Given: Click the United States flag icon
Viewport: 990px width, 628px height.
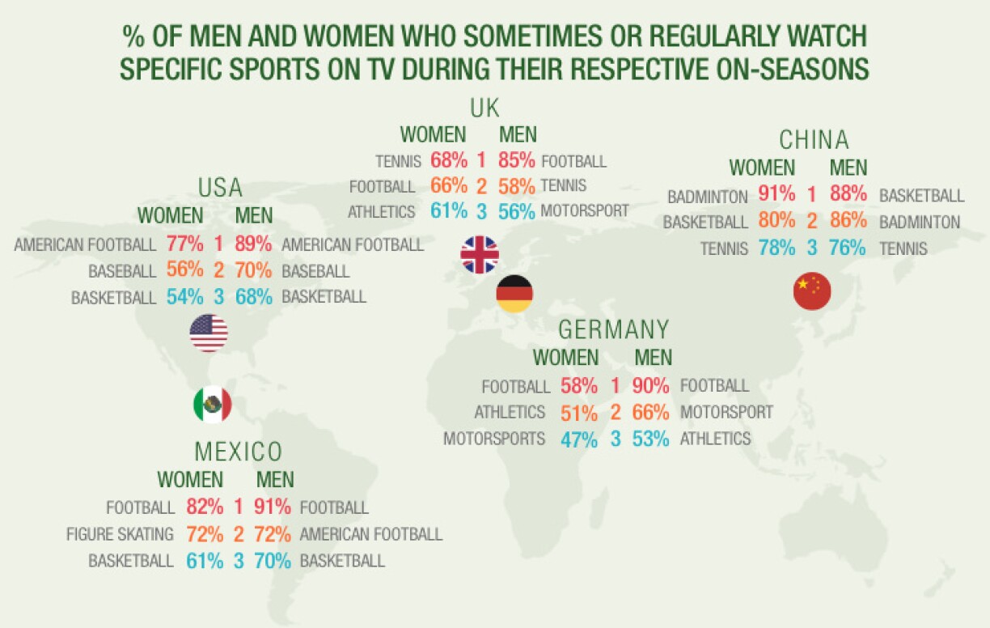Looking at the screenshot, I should click(209, 333).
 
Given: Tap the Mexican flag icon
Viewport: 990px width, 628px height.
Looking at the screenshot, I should click(213, 404).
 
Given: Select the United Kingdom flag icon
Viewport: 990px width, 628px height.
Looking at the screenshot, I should click(480, 255).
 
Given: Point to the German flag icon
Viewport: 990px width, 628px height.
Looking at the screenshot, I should click(514, 294).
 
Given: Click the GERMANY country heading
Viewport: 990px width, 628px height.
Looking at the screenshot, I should click(614, 330).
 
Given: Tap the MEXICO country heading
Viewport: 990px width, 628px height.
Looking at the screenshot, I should click(239, 452).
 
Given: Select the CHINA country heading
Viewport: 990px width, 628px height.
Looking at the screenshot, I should click(814, 141).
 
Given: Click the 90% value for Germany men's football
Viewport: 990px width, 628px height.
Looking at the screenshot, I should click(651, 386).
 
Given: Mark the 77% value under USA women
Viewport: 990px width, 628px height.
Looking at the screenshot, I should click(184, 244).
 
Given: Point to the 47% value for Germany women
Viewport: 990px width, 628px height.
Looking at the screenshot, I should click(579, 439).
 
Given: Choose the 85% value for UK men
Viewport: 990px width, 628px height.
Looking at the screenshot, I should click(517, 162).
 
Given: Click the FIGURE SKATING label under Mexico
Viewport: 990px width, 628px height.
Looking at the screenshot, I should click(120, 534).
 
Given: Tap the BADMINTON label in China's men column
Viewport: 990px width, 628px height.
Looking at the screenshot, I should click(920, 222).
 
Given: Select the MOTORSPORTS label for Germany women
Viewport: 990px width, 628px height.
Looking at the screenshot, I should click(494, 439).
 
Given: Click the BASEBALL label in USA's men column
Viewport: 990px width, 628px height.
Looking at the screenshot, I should click(315, 271).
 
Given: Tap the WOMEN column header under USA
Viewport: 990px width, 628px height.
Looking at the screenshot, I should click(171, 216).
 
